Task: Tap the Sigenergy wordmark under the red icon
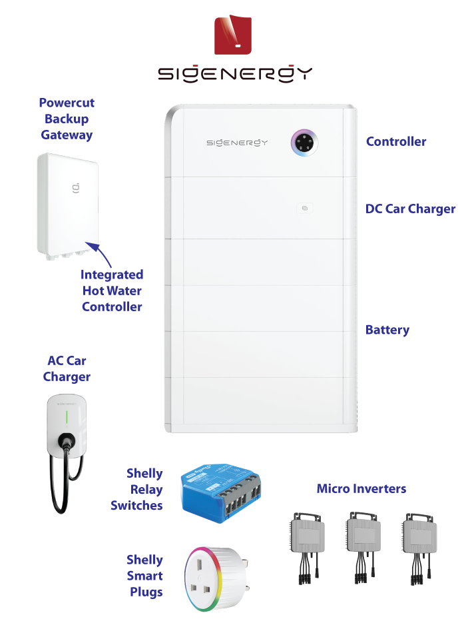pyautogui.click(x=234, y=73)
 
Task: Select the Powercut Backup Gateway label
pyautogui.click(x=67, y=119)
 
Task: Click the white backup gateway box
pyautogui.click(x=68, y=203)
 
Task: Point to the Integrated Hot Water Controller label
pyautogui.click(x=112, y=291)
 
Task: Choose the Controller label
pyautogui.click(x=396, y=141)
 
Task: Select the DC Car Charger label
pyautogui.click(x=410, y=209)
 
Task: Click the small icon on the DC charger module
pyautogui.click(x=304, y=209)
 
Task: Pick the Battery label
pyautogui.click(x=387, y=330)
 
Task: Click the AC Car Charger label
pyautogui.click(x=67, y=368)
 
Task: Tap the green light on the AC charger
pyautogui.click(x=66, y=418)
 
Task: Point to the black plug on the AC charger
pyautogui.click(x=65, y=441)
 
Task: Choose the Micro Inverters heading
pyautogui.click(x=361, y=489)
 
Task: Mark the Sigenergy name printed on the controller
pyautogui.click(x=236, y=142)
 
